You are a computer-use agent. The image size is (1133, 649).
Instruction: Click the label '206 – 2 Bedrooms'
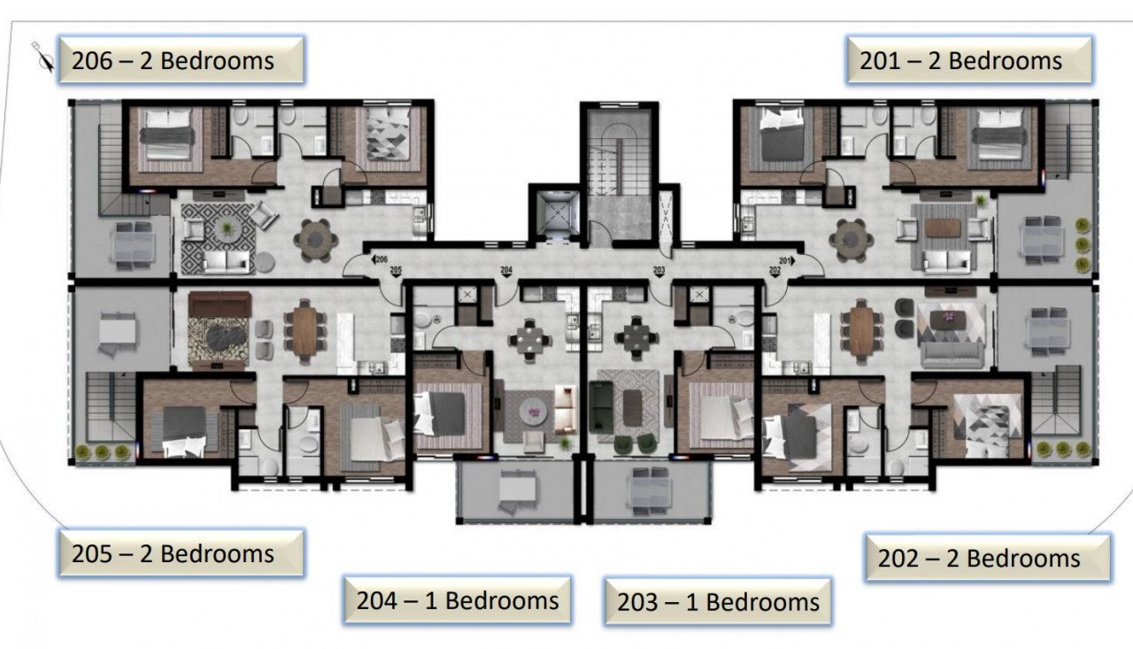click(x=181, y=60)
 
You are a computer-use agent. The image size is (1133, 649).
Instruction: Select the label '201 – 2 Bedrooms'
click(x=968, y=60)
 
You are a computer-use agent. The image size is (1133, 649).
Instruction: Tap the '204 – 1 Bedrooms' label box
click(x=457, y=600)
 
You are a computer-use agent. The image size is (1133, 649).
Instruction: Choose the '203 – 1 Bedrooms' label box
click(x=717, y=602)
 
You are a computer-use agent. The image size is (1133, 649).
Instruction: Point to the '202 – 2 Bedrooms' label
click(x=987, y=558)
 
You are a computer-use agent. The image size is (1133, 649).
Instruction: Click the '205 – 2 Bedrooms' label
click(x=181, y=553)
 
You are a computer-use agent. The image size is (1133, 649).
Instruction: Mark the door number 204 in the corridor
click(x=506, y=269)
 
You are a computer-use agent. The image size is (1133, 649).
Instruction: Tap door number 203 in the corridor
click(x=659, y=269)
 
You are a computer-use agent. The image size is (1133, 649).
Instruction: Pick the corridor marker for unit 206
click(x=382, y=259)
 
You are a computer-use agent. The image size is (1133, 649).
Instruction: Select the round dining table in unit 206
click(x=316, y=236)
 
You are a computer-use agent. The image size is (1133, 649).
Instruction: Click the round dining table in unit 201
click(x=851, y=236)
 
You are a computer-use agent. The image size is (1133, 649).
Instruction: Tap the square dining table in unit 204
click(x=529, y=336)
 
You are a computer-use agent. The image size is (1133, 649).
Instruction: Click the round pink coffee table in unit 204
click(x=535, y=409)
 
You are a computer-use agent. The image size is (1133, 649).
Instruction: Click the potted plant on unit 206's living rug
click(x=227, y=229)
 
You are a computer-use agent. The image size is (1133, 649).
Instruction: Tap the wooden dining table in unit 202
click(x=861, y=331)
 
